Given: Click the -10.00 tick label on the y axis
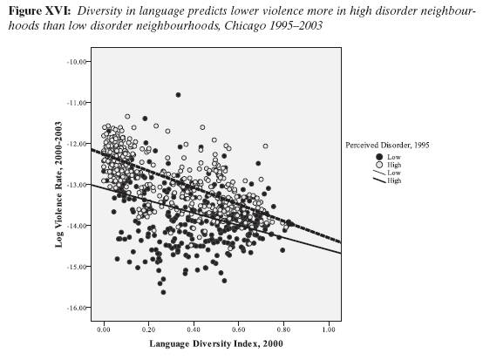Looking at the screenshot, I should (x=77, y=62).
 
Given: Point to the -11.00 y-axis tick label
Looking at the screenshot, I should (x=77, y=103).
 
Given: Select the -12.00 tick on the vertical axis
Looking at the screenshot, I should (x=77, y=144).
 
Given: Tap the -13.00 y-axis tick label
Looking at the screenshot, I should (x=77, y=185).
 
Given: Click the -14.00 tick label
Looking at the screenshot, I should (x=77, y=226).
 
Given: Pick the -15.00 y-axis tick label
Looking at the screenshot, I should (x=77, y=267).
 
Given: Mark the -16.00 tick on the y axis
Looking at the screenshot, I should (x=77, y=308).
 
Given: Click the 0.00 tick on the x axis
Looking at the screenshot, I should (x=104, y=331).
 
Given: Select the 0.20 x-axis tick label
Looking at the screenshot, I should (x=149, y=331).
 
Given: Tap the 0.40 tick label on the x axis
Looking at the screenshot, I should (x=194, y=331).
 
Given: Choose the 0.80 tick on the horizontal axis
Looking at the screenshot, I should (x=284, y=331).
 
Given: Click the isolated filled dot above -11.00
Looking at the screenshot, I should (x=178, y=94).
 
